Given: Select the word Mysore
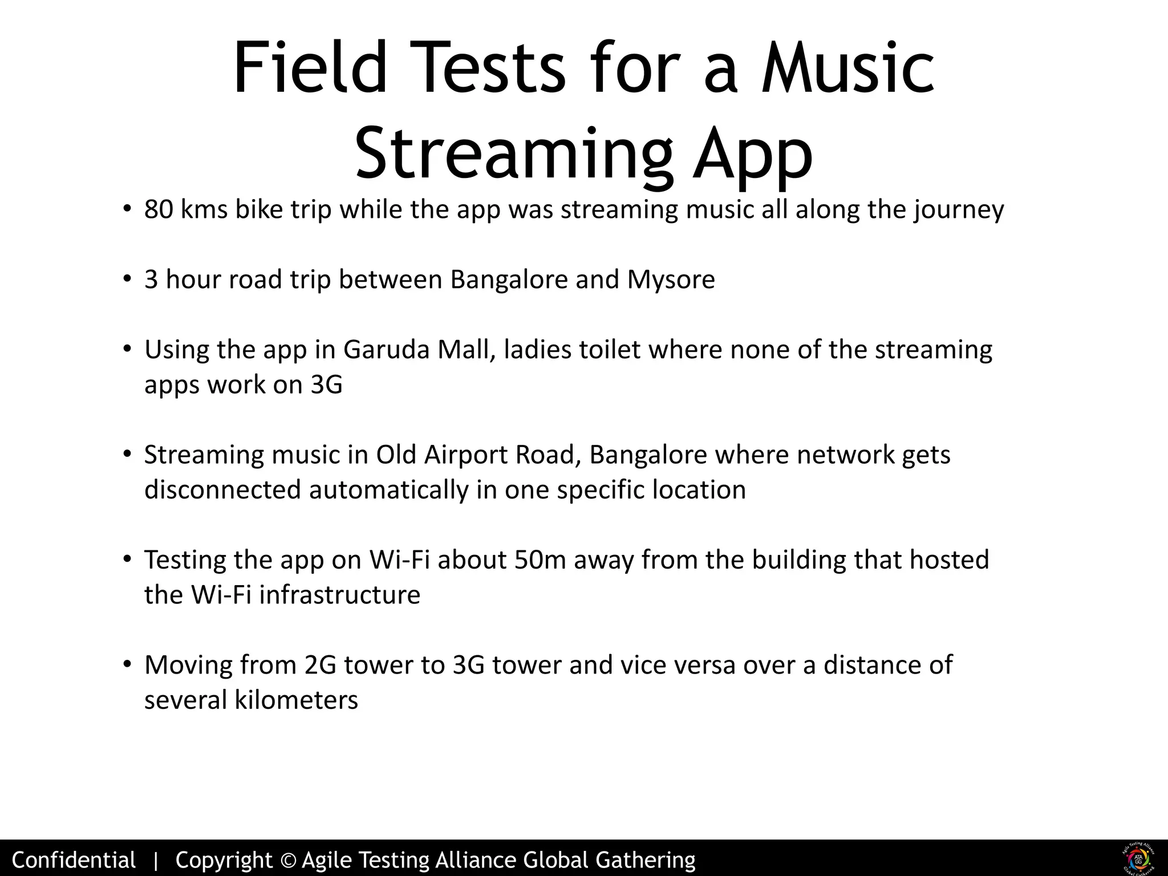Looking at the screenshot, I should [x=671, y=280].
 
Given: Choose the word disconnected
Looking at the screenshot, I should [x=222, y=490].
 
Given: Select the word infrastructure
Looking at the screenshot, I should [x=340, y=595].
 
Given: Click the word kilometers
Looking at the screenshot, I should [x=297, y=700].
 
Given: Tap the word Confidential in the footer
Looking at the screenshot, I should [x=74, y=859].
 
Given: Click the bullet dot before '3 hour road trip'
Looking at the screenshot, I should [x=127, y=280].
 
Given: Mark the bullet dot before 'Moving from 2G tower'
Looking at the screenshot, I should [x=127, y=665].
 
